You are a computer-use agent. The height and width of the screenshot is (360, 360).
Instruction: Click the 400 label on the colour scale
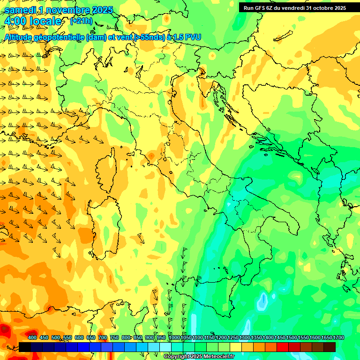click(32, 337)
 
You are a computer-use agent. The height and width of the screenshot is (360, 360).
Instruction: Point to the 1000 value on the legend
click(174, 337)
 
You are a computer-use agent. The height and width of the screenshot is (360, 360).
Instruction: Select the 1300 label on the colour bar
click(245, 337)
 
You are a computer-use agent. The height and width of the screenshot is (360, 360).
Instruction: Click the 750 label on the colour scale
click(114, 337)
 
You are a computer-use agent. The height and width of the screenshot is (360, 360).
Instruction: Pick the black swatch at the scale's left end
click(25, 347)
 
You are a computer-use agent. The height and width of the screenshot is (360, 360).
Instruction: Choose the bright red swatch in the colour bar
click(283, 347)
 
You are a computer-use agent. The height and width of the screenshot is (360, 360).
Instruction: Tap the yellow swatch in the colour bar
click(236, 347)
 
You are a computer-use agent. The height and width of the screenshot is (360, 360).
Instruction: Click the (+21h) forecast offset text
click(81, 21)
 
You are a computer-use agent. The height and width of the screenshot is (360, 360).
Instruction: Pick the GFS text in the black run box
click(259, 7)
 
